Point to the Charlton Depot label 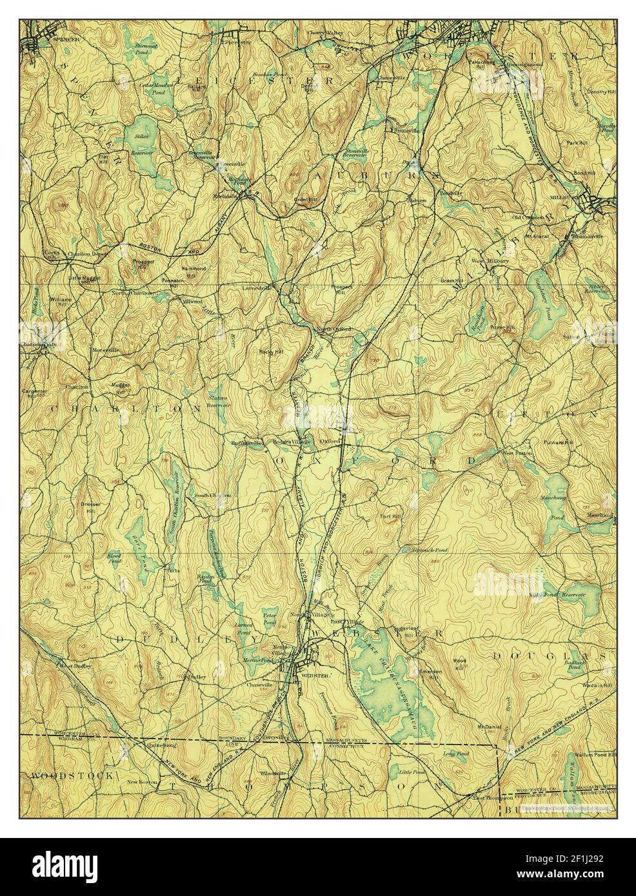86,253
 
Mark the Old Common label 524,217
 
